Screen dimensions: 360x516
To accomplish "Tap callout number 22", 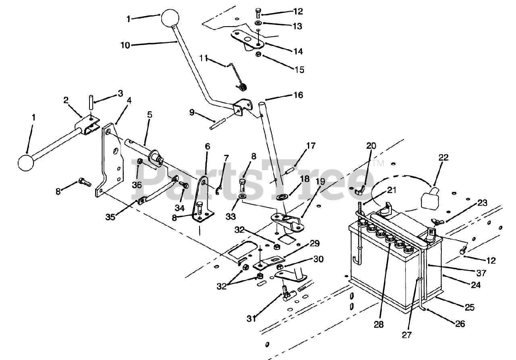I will (443, 158).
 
